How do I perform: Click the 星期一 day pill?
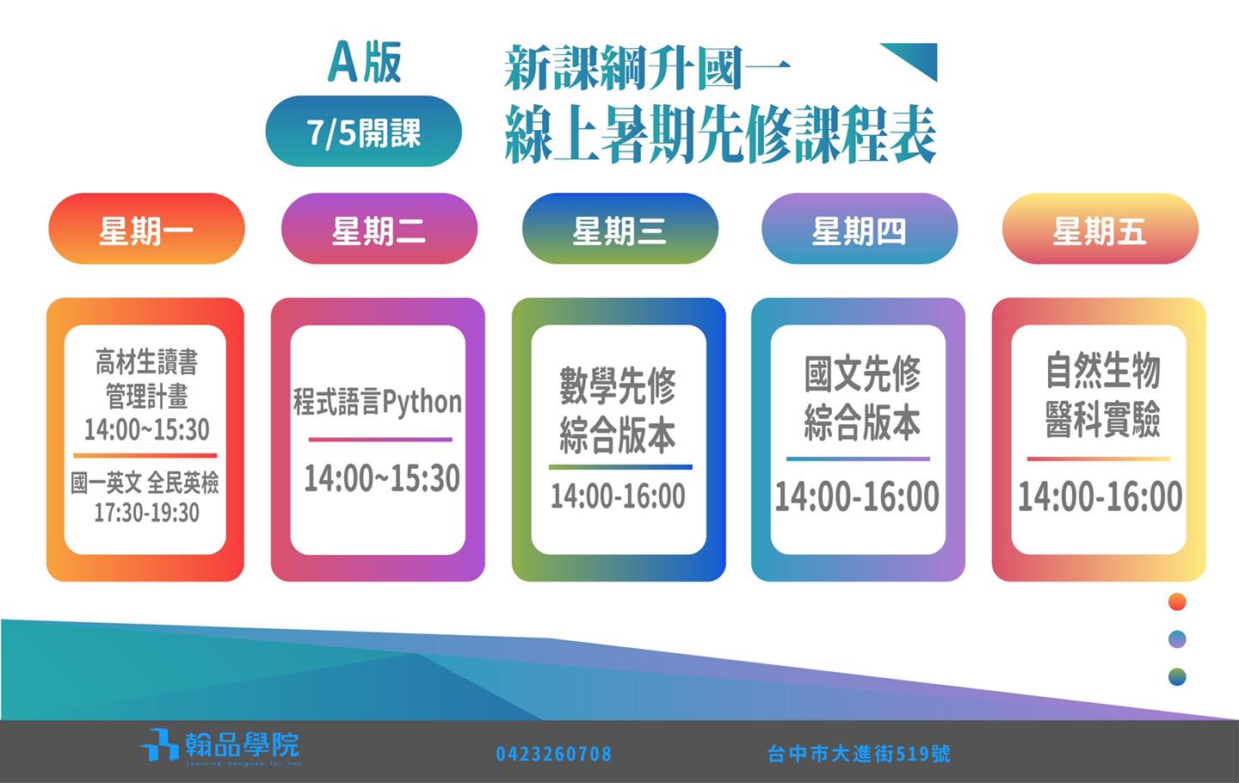[146, 228]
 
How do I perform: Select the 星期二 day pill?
[379, 228]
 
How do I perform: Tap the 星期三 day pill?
[620, 228]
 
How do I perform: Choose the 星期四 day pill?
[860, 228]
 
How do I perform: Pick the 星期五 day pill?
[1100, 228]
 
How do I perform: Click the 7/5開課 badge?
[363, 131]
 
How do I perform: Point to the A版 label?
[365, 63]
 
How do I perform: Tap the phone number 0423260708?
[554, 754]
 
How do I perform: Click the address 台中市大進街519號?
[859, 754]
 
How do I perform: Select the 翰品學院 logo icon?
[158, 744]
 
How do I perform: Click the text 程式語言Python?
[377, 402]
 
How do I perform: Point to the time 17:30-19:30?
[146, 513]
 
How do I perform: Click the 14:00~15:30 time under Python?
[382, 478]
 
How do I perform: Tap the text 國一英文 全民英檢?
[145, 483]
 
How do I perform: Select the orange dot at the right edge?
[1177, 601]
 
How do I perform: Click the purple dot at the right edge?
[1177, 639]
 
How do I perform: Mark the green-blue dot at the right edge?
[1177, 677]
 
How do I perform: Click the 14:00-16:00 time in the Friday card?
[1100, 496]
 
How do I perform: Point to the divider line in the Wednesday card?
[620, 467]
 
